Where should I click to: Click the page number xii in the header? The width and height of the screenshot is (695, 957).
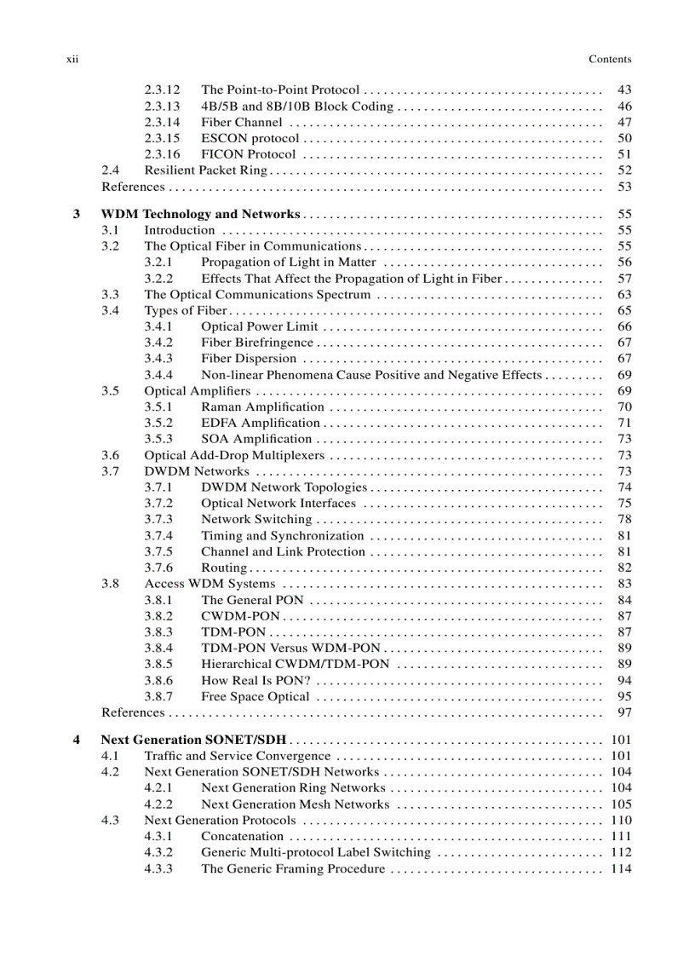point(72,59)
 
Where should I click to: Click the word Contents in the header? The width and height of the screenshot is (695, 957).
point(610,59)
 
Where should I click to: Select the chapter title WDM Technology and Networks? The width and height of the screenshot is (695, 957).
point(200,214)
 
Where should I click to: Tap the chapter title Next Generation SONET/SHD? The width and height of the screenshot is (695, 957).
point(193,739)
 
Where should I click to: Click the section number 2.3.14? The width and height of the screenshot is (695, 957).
point(162,122)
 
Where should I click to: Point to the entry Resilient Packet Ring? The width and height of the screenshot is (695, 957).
point(206,170)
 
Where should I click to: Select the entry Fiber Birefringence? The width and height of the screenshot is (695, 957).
point(257,343)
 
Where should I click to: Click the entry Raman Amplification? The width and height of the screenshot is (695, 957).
point(262,406)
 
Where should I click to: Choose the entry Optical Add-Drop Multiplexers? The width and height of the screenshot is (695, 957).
point(234,455)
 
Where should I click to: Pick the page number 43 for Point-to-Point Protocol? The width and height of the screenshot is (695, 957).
point(623,89)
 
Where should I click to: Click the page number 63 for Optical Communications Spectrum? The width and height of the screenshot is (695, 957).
point(623,295)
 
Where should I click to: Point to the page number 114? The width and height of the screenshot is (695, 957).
point(621,868)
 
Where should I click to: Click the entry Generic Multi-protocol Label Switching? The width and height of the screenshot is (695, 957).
point(316,852)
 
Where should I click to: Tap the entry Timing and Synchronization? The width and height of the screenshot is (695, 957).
point(283,535)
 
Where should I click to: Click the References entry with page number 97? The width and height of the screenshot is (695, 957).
point(133,712)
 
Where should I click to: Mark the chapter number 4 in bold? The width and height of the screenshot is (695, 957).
point(77,739)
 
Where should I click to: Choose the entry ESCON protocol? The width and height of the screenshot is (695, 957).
point(250,138)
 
